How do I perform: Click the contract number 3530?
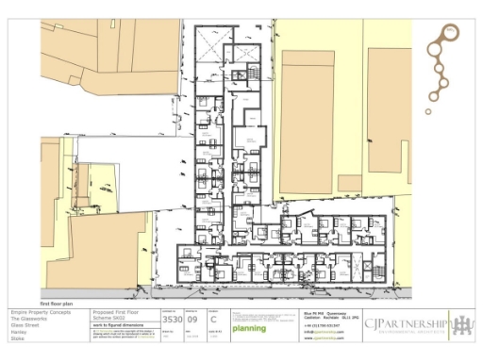172,321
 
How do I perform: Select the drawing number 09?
192,321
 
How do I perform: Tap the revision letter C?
213,321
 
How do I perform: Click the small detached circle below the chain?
428,111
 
